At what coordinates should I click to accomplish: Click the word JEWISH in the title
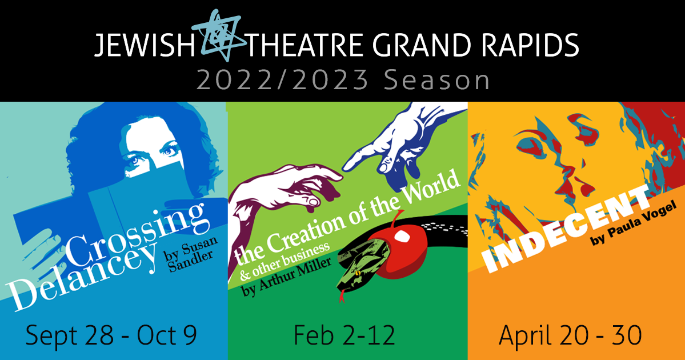click(x=145, y=45)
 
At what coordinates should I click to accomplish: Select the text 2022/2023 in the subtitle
click(x=282, y=81)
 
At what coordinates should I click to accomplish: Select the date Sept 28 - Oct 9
click(x=111, y=335)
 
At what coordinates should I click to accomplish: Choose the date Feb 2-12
click(x=344, y=335)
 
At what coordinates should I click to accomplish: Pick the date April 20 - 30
click(x=570, y=335)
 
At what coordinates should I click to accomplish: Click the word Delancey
click(x=83, y=275)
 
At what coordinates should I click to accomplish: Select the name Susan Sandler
click(x=191, y=254)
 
